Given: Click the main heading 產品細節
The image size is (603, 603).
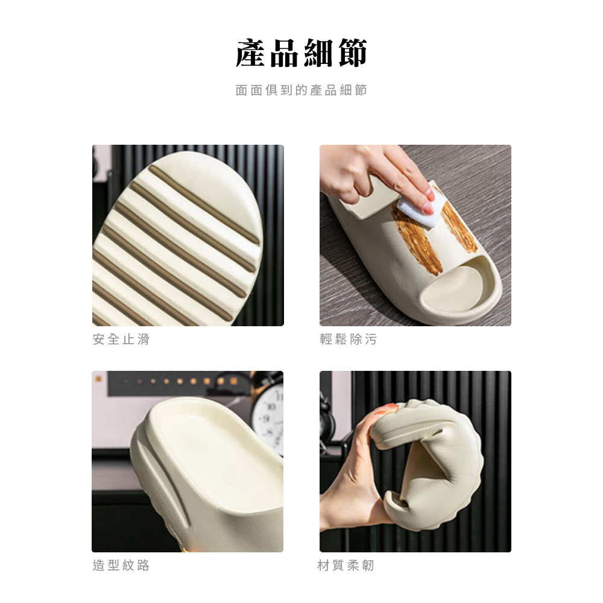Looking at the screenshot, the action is click(301, 53).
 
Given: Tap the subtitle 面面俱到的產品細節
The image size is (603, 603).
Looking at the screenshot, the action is click(301, 90).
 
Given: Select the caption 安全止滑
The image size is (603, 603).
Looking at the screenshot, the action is click(121, 339).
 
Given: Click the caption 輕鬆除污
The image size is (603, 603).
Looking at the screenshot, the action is click(349, 339).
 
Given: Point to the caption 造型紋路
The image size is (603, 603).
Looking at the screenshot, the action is click(121, 566).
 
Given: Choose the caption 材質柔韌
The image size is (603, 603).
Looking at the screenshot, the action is click(346, 566).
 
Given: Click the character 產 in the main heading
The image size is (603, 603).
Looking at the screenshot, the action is click(250, 53).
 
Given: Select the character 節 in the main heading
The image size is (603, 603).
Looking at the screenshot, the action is click(353, 53).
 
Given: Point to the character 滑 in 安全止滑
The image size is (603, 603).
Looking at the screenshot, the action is click(144, 339).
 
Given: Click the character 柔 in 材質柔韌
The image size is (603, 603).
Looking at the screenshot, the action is click(353, 566).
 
